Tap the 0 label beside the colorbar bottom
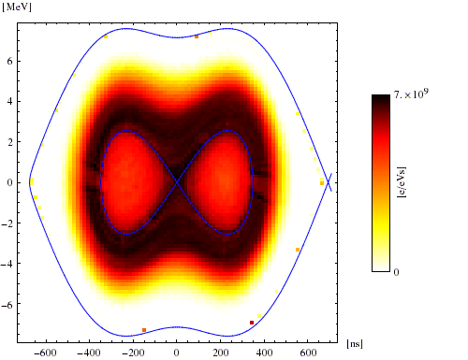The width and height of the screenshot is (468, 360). coord(398,270)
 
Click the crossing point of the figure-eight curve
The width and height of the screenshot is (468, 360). coord(176,182)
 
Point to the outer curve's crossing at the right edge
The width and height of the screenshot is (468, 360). coord(327,182)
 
